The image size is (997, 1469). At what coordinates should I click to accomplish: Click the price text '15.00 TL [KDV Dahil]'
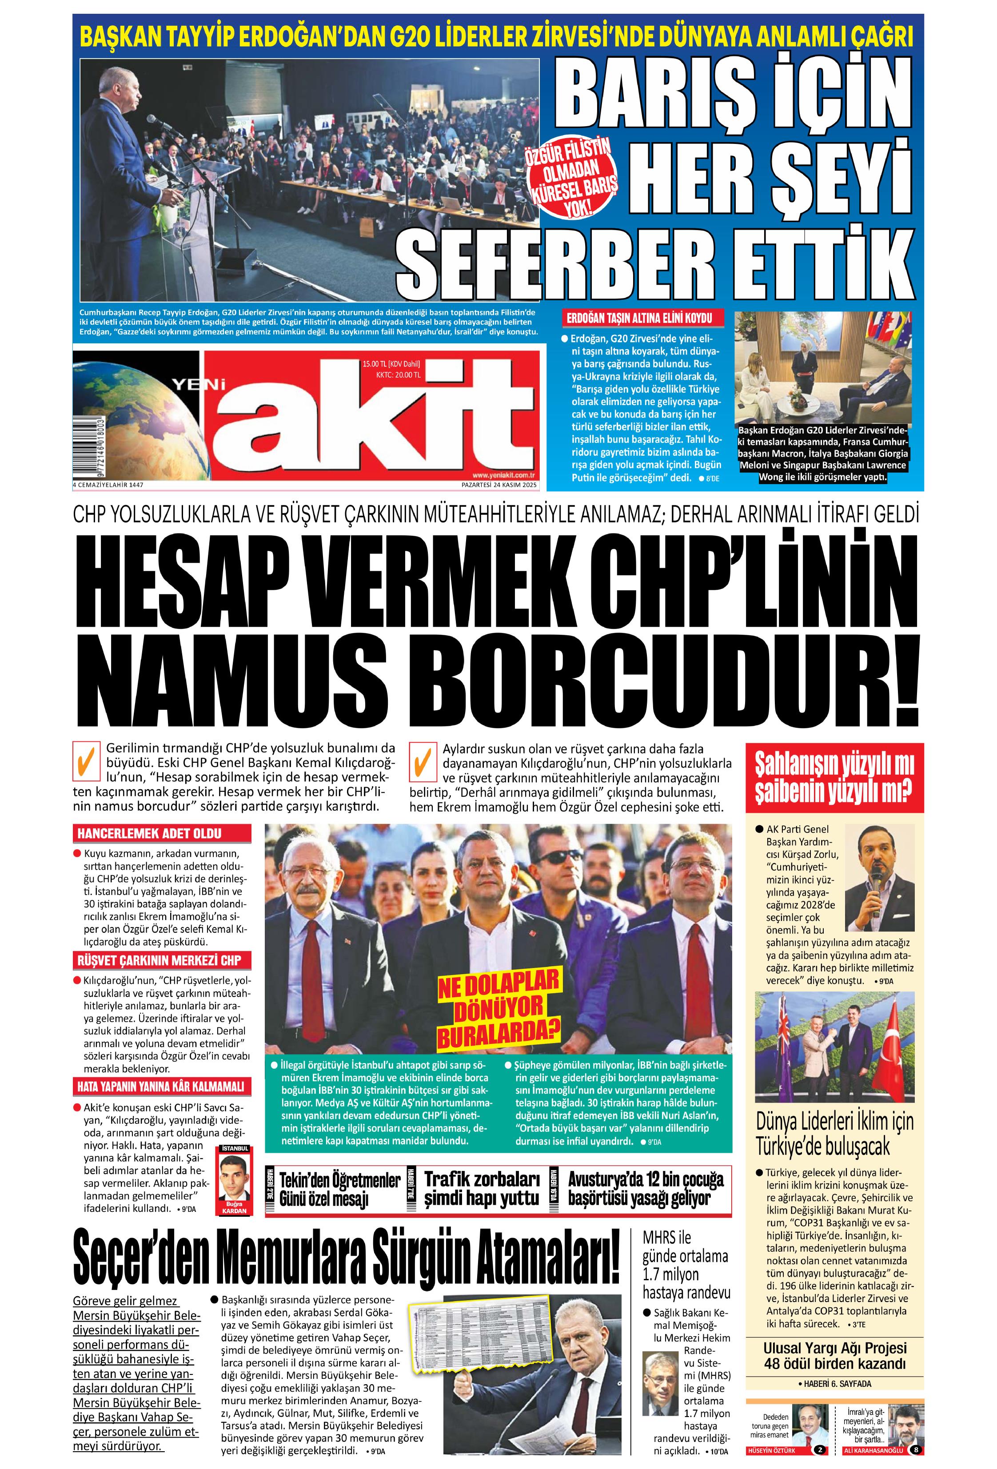391,364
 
